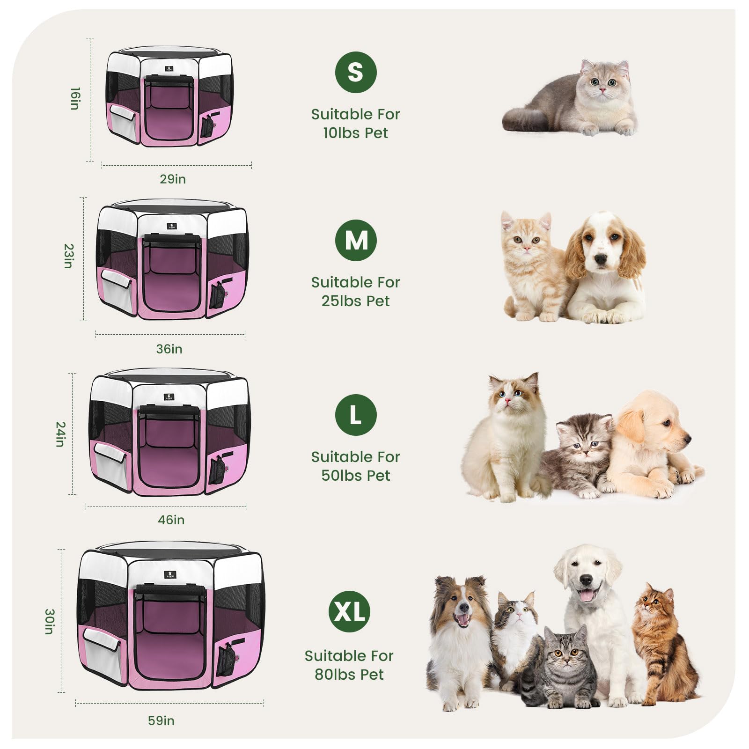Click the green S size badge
click(x=356, y=72)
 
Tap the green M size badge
click(x=356, y=240)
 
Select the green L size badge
click(x=356, y=415)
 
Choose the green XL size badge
click(x=349, y=611)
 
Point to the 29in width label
click(x=173, y=179)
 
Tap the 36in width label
click(x=169, y=349)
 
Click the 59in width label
click(x=161, y=720)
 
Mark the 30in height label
click(x=49, y=621)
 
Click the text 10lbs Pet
click(x=355, y=133)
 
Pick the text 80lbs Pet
click(x=349, y=675)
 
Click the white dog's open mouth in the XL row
click(x=586, y=595)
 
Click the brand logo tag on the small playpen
click(x=169, y=69)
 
